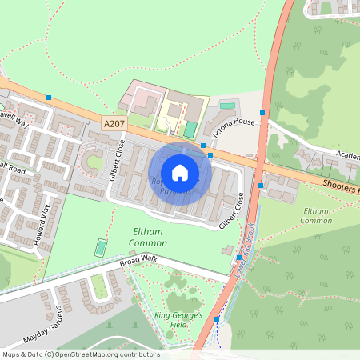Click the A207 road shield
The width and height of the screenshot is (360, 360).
point(114,122)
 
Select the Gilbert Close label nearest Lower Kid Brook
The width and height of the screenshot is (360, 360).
point(233,210)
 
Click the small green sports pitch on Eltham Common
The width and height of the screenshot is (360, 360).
point(100,247)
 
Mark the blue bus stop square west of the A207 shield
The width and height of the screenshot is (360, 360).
point(49,98)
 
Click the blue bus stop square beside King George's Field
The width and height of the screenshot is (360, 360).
point(216,319)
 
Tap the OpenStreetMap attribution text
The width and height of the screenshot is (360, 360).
point(80,354)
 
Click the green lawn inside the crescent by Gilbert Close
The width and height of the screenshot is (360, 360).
point(94,163)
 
